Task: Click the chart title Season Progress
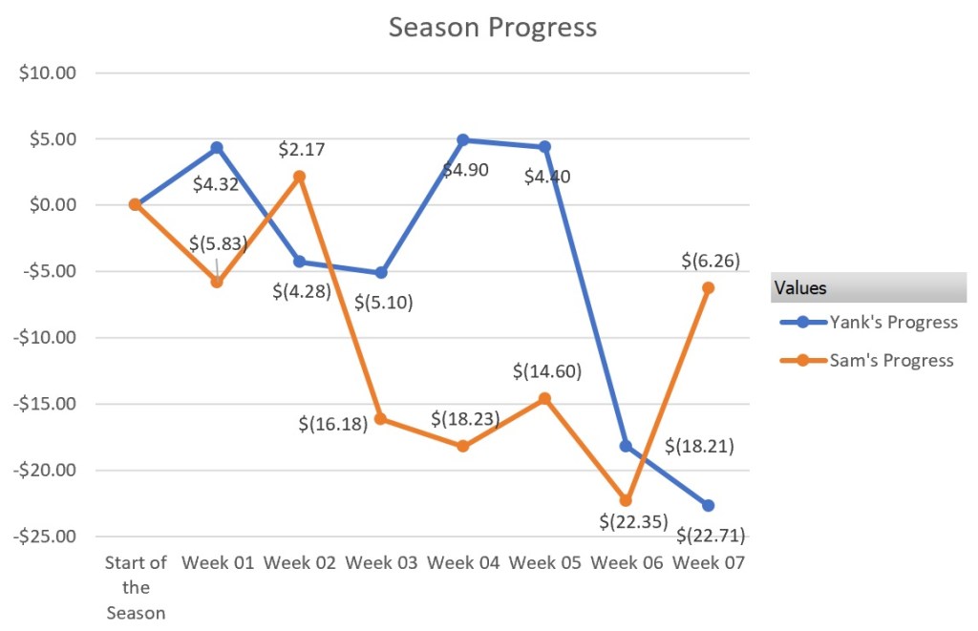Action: pos(492,28)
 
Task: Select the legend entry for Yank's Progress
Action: pos(893,322)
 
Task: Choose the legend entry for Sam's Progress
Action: pos(891,360)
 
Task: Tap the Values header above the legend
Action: pos(800,287)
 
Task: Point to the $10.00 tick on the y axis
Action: pos(48,73)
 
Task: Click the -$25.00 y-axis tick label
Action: pos(46,536)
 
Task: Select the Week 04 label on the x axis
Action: pos(463,563)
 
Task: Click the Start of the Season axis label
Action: pos(136,587)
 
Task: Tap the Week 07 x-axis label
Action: pos(708,563)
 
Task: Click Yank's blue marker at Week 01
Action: pos(217,148)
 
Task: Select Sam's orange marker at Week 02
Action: pos(299,177)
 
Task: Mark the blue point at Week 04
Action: pos(463,140)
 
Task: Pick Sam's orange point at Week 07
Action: pos(708,287)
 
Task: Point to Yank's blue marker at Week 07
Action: pos(708,505)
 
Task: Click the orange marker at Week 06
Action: pos(626,500)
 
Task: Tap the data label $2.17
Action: pos(302,150)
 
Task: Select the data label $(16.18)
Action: pos(333,423)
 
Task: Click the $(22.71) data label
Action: pos(710,535)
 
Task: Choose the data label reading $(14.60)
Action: pos(547,371)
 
